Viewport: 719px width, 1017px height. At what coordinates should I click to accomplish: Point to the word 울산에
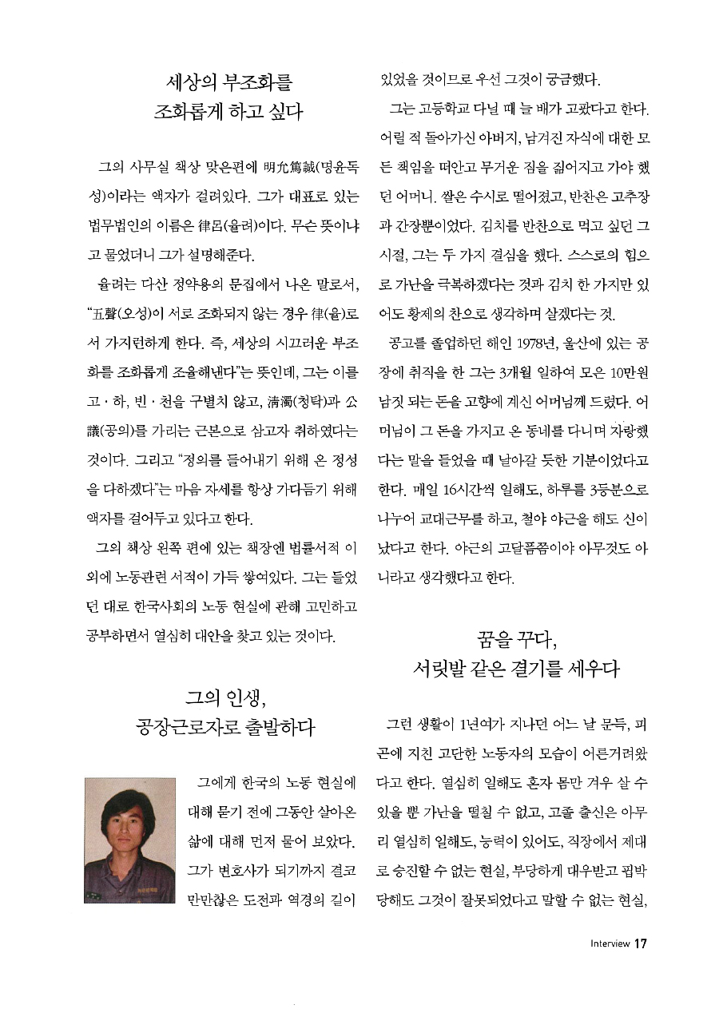(584, 344)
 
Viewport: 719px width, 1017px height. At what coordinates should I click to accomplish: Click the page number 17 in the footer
(640, 943)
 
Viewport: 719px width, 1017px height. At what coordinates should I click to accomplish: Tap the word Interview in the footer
(610, 944)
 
